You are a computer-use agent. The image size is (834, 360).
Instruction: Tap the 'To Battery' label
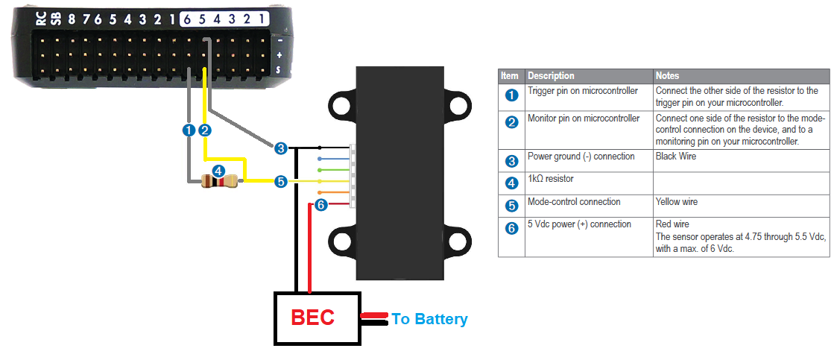coord(430,319)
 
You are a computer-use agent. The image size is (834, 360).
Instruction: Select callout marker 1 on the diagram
coord(189,130)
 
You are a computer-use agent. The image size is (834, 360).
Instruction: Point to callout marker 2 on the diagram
coord(205,130)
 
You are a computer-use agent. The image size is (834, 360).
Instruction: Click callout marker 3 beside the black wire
coord(280,148)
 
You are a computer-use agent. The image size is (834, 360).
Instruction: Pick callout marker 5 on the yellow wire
coord(280,181)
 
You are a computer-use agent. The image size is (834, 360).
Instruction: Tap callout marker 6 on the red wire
coord(320,205)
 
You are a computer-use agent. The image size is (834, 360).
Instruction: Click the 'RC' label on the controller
coord(41,19)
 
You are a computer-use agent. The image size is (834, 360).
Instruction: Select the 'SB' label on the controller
coord(55,19)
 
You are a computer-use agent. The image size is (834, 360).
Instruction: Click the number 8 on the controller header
coord(72,19)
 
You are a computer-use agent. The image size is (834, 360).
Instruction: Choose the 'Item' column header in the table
coord(510,75)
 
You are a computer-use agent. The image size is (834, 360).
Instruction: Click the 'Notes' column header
coord(668,75)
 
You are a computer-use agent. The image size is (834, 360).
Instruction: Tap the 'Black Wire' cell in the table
coord(677,157)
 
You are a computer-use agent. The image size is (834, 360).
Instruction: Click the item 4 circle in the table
coord(511,183)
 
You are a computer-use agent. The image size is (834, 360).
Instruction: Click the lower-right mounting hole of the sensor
coord(457,241)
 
